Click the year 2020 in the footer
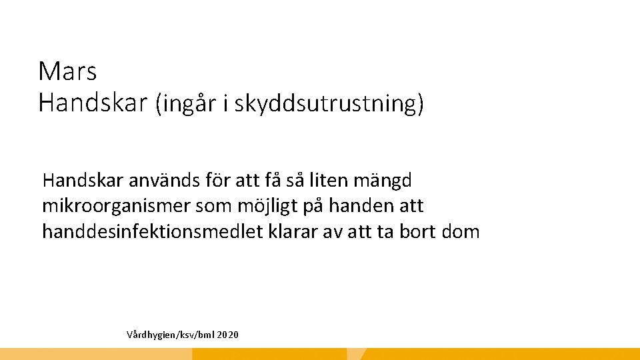click(x=227, y=333)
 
